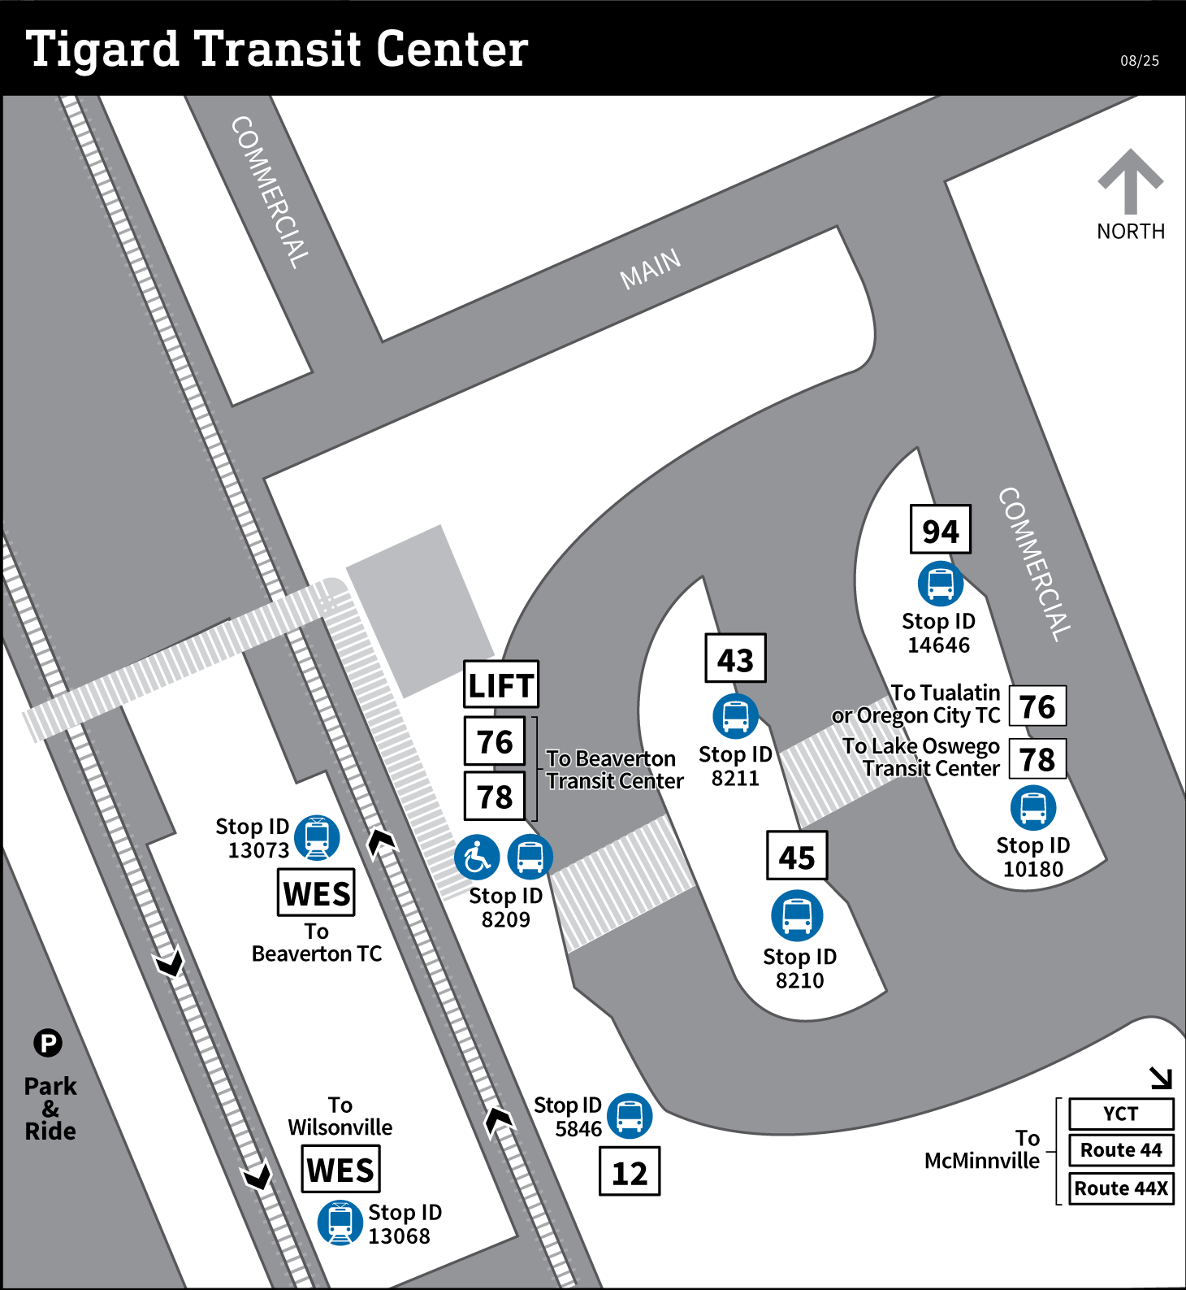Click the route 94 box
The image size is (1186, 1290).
(x=940, y=530)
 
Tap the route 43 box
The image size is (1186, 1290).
(x=735, y=658)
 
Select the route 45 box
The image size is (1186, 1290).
(x=797, y=856)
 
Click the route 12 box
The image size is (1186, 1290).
(x=630, y=1171)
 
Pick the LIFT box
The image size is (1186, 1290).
(x=501, y=684)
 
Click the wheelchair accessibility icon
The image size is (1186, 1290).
(x=477, y=858)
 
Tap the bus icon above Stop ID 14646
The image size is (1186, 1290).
(x=941, y=584)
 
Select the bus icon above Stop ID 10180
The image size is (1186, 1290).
(x=1033, y=808)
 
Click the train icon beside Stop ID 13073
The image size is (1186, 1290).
(x=317, y=837)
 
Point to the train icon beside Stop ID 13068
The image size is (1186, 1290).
(x=340, y=1223)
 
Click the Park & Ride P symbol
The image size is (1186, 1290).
(x=48, y=1043)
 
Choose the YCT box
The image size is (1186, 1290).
(x=1121, y=1114)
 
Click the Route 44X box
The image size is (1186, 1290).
(x=1121, y=1188)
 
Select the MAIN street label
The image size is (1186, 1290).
(x=650, y=269)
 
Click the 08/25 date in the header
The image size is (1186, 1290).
(x=1140, y=61)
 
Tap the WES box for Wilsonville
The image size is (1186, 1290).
(x=340, y=1170)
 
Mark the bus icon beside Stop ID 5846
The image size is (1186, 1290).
(x=630, y=1116)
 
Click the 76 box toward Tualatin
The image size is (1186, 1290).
(x=1037, y=706)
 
